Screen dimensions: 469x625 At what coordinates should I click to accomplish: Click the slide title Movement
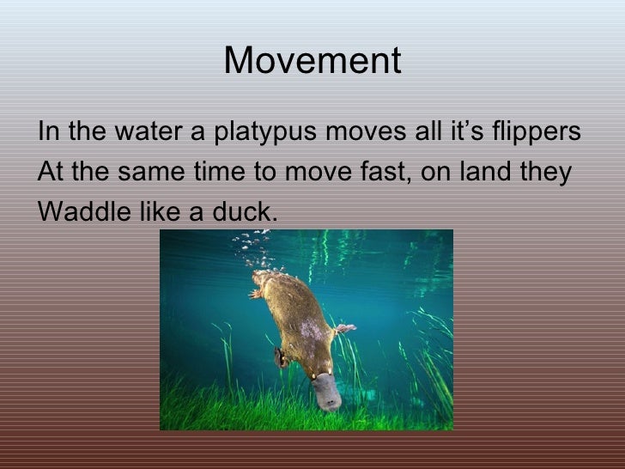point(312,61)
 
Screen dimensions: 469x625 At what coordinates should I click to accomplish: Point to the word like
point(159,210)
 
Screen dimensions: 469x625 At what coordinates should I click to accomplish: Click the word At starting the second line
point(51,173)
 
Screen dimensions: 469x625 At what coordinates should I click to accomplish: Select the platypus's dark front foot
point(281,356)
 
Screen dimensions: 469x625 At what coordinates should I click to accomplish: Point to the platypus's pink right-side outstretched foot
point(345,328)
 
